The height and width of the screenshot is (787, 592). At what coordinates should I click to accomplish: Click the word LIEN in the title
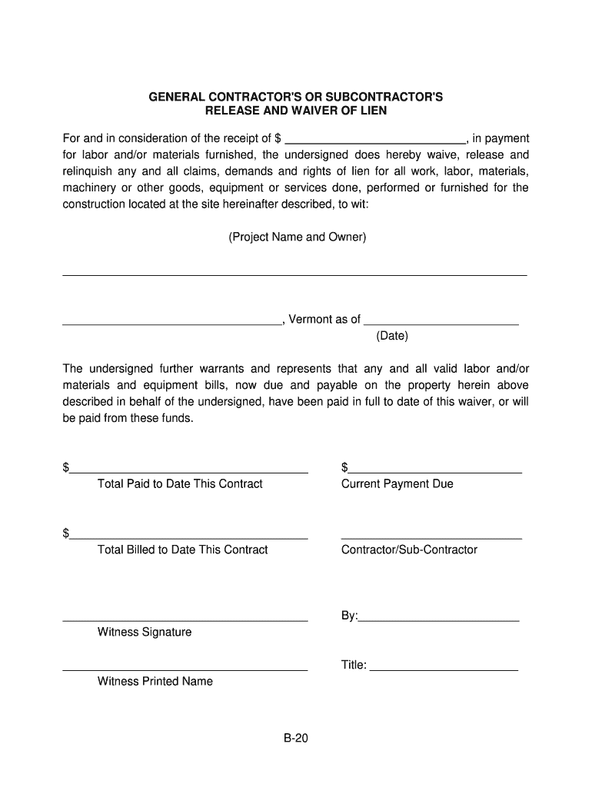pos(370,111)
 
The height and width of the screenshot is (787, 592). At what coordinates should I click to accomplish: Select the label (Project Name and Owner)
pos(297,237)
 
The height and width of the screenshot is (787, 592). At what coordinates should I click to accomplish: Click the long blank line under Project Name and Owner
pos(294,274)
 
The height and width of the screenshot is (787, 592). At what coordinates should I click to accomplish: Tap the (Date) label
pos(392,336)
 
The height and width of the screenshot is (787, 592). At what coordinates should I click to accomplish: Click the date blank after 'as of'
pos(441,324)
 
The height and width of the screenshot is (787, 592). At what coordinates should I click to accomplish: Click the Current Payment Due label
pos(397,483)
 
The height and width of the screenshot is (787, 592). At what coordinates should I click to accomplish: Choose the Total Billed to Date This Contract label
pos(182,550)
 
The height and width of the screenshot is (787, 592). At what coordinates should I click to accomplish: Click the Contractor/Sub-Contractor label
pos(409,550)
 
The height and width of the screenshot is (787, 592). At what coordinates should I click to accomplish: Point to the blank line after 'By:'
pos(439,619)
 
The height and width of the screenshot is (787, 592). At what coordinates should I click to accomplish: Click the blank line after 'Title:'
pos(444,669)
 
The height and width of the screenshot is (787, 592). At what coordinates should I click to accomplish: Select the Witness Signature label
pos(145,632)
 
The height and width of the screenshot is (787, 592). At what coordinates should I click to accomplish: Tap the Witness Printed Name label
pos(155,681)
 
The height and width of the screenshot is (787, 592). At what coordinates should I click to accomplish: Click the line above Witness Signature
pos(185,619)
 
